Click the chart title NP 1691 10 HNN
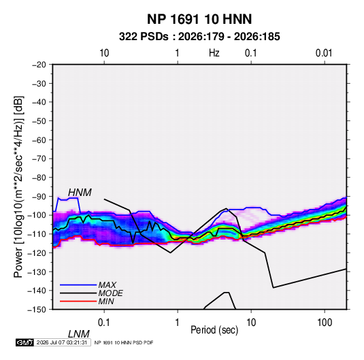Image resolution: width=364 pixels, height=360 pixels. [199, 19]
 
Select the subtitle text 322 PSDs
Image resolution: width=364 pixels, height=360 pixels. [144, 37]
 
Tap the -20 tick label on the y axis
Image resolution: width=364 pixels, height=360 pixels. [39, 65]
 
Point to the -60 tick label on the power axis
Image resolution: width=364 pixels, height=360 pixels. [39, 140]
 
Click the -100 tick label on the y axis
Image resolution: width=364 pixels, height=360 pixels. [37, 215]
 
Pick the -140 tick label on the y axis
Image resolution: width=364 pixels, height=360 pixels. [37, 291]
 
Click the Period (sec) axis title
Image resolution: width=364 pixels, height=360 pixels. [214, 330]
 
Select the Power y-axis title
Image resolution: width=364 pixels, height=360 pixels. [18, 187]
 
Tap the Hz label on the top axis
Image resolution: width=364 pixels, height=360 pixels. [214, 53]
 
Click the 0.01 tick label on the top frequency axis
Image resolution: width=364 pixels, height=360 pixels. [324, 53]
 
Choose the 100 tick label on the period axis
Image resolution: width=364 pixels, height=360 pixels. [325, 323]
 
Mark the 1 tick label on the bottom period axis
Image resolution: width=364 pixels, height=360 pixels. [177, 323]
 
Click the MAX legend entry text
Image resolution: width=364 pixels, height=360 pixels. [107, 285]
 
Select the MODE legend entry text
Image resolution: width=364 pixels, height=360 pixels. [110, 293]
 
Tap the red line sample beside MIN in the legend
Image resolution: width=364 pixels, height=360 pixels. [78, 301]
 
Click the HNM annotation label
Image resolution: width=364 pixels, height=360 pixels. [80, 193]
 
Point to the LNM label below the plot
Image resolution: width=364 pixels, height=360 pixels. [79, 334]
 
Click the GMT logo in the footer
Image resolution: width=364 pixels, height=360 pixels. [25, 342]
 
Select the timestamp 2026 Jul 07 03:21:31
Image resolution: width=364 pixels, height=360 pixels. [62, 342]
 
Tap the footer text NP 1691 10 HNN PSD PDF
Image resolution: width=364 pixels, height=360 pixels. [124, 342]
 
